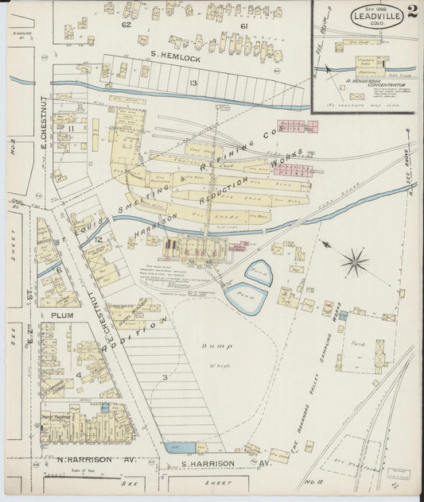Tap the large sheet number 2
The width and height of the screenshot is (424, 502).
(411, 12)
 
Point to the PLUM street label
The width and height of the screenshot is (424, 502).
(63, 315)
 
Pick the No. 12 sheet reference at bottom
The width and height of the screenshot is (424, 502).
(310, 481)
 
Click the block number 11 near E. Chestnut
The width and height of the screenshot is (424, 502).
(71, 127)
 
